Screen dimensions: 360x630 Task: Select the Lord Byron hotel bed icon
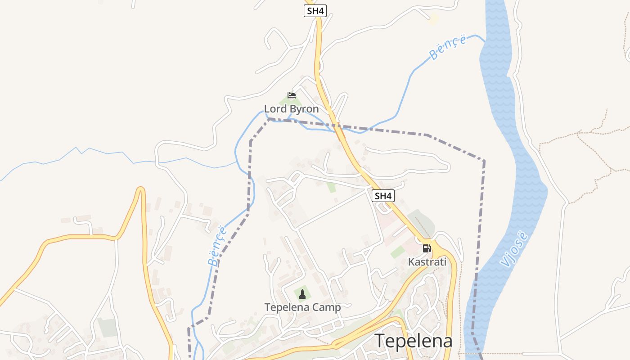(292, 95)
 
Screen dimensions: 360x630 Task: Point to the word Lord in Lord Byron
(274, 109)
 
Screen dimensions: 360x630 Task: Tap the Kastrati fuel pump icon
(426, 248)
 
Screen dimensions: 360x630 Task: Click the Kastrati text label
(427, 261)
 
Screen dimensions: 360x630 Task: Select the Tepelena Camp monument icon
(302, 294)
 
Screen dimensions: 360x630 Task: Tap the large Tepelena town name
(414, 341)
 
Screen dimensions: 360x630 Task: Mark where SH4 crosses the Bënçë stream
(337, 130)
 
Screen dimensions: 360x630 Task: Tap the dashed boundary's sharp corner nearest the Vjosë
(484, 161)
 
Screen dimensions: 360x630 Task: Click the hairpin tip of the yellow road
(141, 189)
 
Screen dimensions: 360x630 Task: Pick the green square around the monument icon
(302, 295)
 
